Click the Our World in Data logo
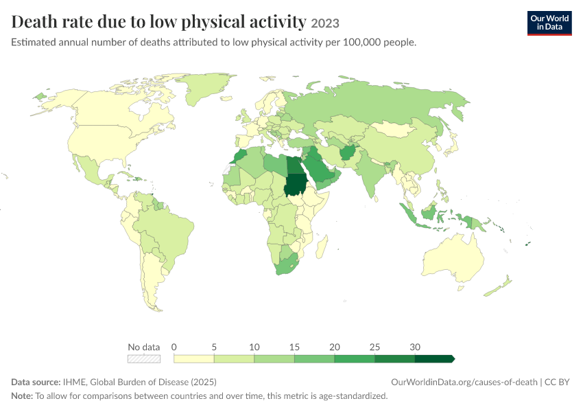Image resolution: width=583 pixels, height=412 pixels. click(x=549, y=23)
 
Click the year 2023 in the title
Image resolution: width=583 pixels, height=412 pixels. click(x=325, y=23)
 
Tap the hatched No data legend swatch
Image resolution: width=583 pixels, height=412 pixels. click(x=144, y=358)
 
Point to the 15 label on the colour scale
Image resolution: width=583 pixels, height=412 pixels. click(x=294, y=347)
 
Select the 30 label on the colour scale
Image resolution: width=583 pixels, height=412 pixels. click(x=415, y=347)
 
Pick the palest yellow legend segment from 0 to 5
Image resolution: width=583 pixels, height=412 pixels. click(x=194, y=358)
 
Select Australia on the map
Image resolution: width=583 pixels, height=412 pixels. click(x=453, y=257)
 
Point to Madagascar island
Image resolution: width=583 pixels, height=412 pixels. click(x=322, y=247)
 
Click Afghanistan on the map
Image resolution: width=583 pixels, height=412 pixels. click(x=348, y=152)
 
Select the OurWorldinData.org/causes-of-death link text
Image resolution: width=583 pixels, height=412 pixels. click(x=464, y=382)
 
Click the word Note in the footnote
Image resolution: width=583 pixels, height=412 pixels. click(x=21, y=396)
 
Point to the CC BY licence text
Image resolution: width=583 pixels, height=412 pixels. click(x=557, y=382)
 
